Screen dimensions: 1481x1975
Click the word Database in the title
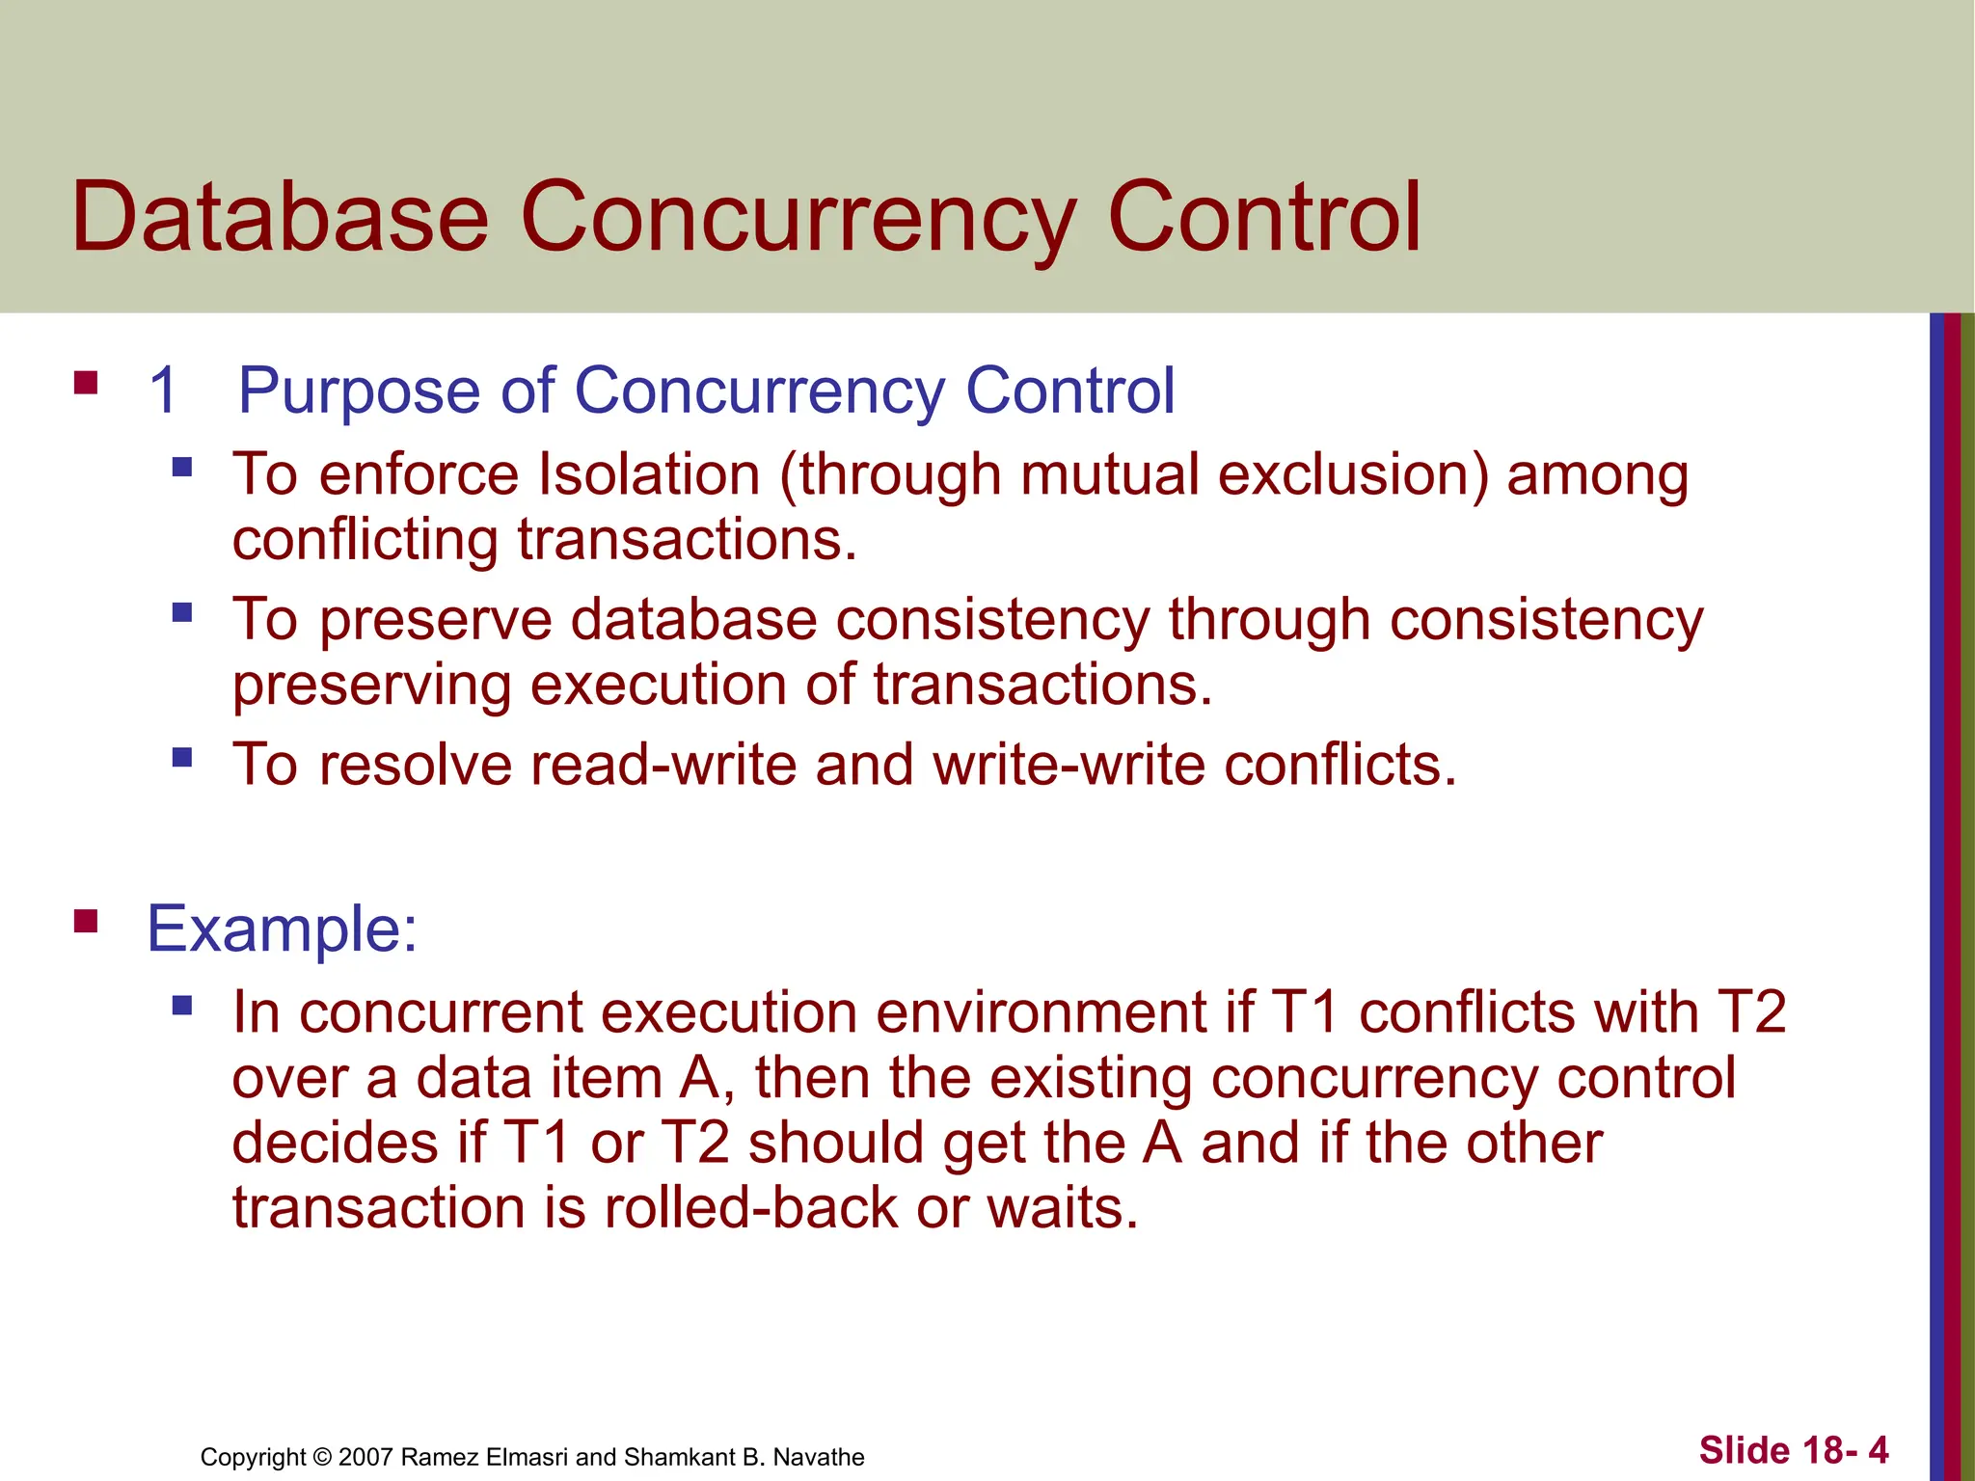[280, 218]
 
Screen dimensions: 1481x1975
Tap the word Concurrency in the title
[798, 218]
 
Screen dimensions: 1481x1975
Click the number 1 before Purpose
[164, 390]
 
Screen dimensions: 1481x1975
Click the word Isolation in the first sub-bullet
[648, 474]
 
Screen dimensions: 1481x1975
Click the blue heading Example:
[282, 929]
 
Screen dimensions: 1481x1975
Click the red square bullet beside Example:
[87, 922]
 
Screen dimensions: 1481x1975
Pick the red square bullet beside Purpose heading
[87, 384]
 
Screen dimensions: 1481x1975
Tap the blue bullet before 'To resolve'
[182, 757]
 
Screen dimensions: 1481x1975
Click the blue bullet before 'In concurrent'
[182, 1007]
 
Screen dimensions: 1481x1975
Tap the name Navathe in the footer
[819, 1457]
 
